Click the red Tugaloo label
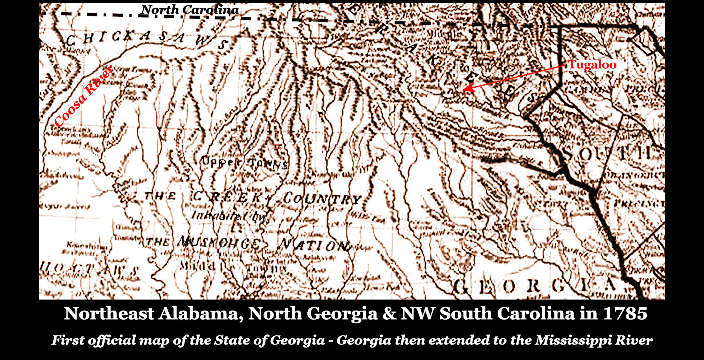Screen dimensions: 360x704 (x=592, y=65)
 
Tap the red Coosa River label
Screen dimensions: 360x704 (x=84, y=96)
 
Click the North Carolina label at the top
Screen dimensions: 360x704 (x=190, y=10)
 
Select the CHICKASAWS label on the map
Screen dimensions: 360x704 (x=146, y=40)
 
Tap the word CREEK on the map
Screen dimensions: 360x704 (x=227, y=197)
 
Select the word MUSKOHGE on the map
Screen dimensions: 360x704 (x=219, y=243)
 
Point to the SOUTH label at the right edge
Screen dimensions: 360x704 (x=606, y=154)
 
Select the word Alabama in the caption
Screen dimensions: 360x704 (x=201, y=313)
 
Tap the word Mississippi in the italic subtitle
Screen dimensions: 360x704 (x=573, y=340)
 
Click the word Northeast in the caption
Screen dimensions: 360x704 (x=109, y=313)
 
